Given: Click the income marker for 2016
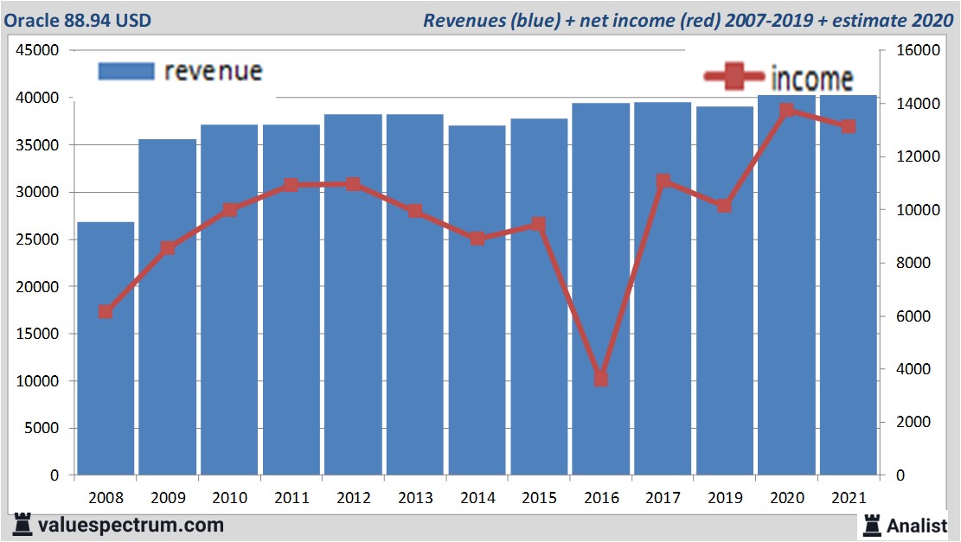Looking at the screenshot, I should click(x=601, y=379).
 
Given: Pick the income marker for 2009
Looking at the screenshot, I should click(x=168, y=248).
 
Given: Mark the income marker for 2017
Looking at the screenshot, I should click(x=663, y=182).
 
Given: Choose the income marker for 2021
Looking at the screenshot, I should click(x=849, y=126).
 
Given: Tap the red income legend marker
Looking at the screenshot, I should click(x=734, y=78).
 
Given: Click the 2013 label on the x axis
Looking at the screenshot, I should click(x=415, y=498).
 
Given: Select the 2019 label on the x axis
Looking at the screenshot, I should click(x=725, y=498).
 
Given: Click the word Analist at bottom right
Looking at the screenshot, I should click(x=918, y=525).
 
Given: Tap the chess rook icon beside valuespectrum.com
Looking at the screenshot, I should click(x=22, y=525).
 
